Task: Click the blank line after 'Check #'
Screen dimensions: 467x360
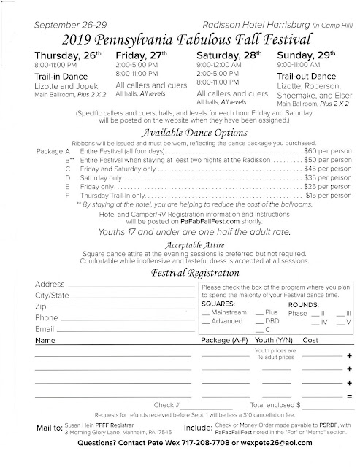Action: tap(205, 403)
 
